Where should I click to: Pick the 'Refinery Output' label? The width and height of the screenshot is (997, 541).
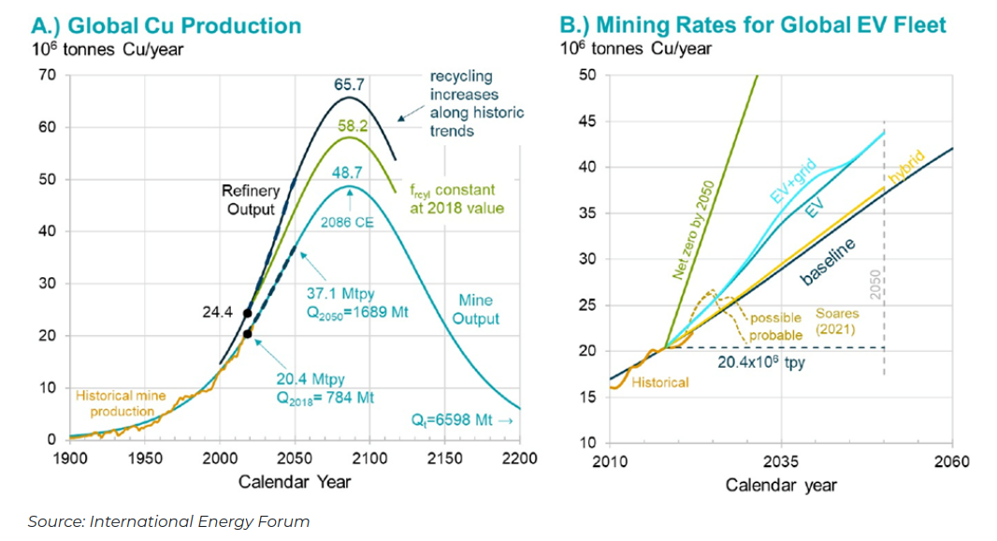pyautogui.click(x=251, y=200)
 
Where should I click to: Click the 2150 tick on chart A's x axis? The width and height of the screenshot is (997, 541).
pyautogui.click(x=444, y=459)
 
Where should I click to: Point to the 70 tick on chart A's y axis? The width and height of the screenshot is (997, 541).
pyautogui.click(x=48, y=75)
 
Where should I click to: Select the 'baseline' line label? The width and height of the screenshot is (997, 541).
pyautogui.click(x=829, y=262)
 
